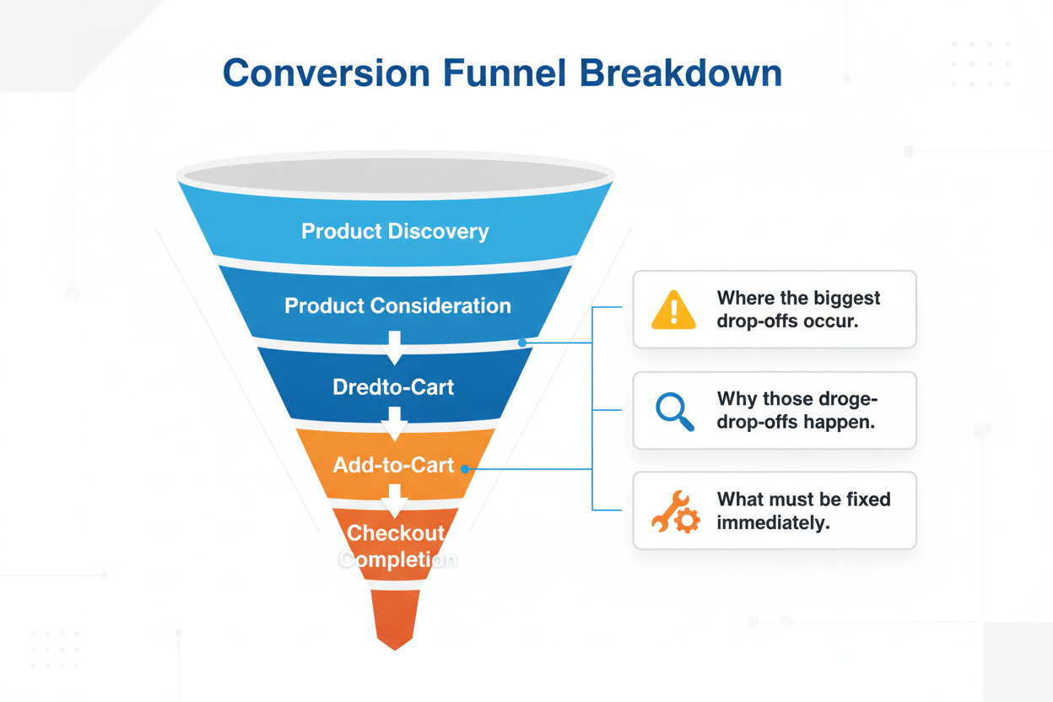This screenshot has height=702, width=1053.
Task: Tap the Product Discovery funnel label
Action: point(395,231)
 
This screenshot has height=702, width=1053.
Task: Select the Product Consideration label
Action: point(397,305)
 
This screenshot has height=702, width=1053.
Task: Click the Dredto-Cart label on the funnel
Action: point(393,387)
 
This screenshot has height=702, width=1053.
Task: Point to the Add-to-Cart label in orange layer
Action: point(393,465)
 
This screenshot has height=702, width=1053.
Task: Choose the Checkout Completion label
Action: point(396,546)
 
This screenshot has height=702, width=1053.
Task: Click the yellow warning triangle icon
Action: point(674,310)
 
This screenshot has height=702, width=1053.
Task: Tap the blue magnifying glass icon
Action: point(674,411)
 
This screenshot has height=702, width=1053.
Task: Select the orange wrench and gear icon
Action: point(675,511)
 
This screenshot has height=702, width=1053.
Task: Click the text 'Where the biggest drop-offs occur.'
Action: point(798,310)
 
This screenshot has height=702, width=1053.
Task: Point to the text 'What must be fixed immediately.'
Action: point(803,511)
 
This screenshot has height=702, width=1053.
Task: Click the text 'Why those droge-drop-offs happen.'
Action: point(797,410)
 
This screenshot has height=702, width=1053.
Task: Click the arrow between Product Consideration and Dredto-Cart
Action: point(394,347)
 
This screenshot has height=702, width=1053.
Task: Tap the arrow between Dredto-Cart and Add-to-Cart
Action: point(394,424)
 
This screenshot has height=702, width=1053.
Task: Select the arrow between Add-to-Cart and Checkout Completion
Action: point(394,501)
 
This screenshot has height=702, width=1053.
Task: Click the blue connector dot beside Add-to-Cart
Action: point(465,467)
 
